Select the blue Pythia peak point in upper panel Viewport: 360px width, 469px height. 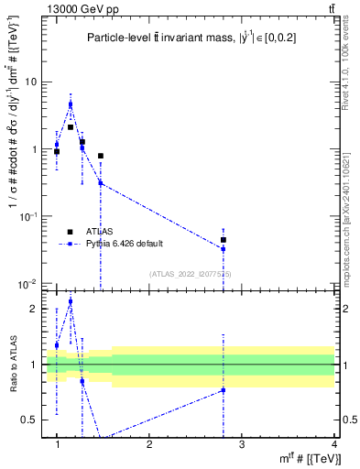click(x=71, y=104)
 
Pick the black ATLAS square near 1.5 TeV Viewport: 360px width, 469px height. click(x=101, y=156)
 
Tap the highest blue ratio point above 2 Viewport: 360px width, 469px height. click(x=71, y=301)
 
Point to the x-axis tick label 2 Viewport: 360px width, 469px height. click(x=149, y=445)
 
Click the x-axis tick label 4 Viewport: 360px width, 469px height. click(x=333, y=445)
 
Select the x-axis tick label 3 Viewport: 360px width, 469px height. click(x=242, y=445)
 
